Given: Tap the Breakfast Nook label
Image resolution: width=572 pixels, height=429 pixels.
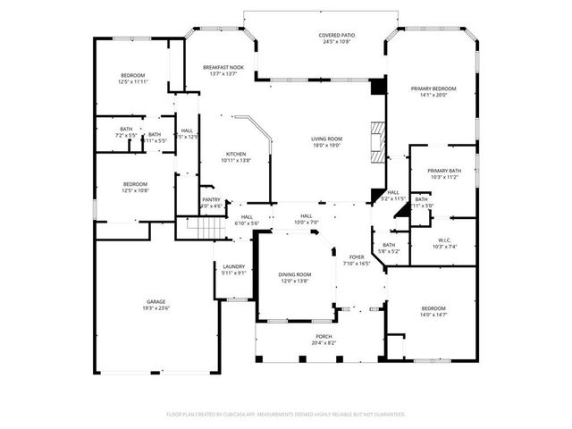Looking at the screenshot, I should [223, 67].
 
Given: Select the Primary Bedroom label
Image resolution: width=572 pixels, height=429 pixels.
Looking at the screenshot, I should [433, 88].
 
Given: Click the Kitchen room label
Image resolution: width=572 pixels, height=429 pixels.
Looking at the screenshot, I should [235, 154].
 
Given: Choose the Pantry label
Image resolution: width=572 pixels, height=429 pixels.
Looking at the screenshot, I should [211, 199].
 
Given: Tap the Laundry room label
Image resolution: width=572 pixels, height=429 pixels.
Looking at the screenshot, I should [233, 265].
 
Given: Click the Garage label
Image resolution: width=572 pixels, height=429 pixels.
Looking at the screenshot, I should [156, 302].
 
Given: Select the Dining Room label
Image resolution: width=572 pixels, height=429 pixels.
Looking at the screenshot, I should [294, 274].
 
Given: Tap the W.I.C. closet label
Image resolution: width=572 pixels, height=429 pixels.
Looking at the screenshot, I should [444, 240].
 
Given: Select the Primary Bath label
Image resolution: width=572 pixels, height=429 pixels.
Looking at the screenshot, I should [444, 171].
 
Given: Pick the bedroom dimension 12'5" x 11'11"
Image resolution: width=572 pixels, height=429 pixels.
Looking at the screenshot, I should [132, 81].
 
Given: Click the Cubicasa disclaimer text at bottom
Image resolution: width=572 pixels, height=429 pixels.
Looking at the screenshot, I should [286, 414].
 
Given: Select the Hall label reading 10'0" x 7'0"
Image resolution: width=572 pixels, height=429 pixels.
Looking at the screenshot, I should [307, 221].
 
